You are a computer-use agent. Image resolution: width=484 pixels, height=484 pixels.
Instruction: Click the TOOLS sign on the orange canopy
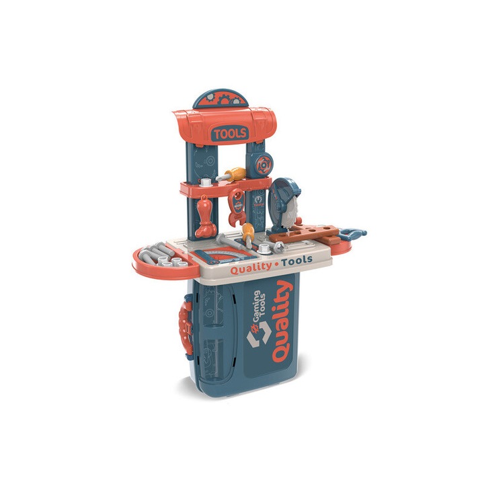[x=231, y=133]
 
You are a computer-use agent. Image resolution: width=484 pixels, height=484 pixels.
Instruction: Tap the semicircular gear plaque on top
[x=220, y=99]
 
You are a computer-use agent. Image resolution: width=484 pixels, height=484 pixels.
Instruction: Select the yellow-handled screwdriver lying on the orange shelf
[x=231, y=174]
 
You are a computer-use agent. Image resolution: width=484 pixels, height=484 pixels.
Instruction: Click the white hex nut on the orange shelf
[x=205, y=182]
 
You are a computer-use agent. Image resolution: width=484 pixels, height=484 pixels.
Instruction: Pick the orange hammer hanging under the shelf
[x=206, y=216]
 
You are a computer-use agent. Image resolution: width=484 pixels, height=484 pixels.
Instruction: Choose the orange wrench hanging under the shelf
[x=237, y=208]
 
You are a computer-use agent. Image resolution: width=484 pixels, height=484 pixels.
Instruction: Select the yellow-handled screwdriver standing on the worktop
[x=248, y=235]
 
